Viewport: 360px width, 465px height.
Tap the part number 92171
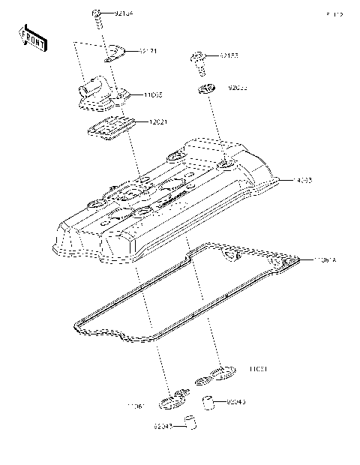pyautogui.click(x=148, y=51)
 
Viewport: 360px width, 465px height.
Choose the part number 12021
pyautogui.click(x=158, y=121)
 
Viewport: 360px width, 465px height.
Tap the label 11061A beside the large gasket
pyautogui.click(x=325, y=259)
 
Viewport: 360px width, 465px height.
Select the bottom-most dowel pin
pyautogui.click(x=192, y=425)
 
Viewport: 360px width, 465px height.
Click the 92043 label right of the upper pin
pyautogui.click(x=235, y=403)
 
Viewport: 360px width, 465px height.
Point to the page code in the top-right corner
pyautogui.click(x=334, y=14)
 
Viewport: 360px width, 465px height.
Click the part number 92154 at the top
pyautogui.click(x=124, y=13)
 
